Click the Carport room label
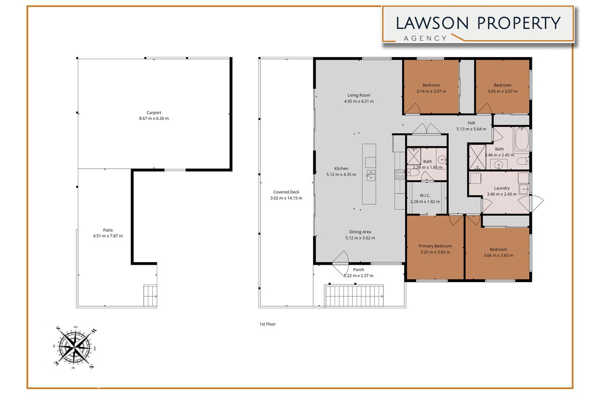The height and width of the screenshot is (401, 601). click(154, 113)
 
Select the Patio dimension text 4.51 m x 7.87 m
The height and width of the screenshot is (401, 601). click(108, 236)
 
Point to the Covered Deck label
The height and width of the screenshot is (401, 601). click(286, 192)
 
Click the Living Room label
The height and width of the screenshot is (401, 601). click(359, 95)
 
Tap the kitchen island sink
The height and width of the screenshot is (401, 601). click(370, 175)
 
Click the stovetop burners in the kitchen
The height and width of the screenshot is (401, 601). click(401, 174)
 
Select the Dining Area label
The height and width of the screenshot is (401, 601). click(360, 232)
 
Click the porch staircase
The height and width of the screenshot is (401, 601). click(355, 296)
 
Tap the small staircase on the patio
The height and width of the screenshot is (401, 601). click(150, 296)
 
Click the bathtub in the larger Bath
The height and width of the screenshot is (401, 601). click(521, 139)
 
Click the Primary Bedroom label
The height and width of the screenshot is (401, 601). click(435, 246)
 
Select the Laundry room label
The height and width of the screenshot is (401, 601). click(499, 188)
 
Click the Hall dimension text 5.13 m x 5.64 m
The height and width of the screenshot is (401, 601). click(471, 129)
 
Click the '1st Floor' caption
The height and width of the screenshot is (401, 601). click(264, 324)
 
